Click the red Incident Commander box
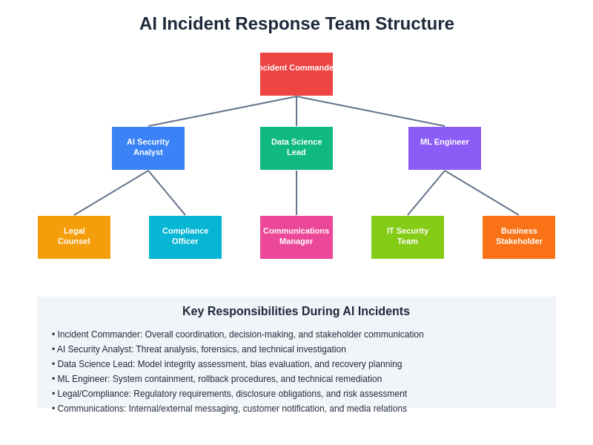(x=296, y=74)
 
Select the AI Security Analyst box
(x=148, y=148)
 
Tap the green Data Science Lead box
(x=296, y=148)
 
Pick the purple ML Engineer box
(x=445, y=148)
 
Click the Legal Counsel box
(x=74, y=237)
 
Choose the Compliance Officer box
(x=185, y=237)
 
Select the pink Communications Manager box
(x=296, y=237)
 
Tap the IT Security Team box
(x=408, y=237)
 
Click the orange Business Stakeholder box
(x=519, y=237)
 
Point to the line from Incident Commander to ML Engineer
(x=371, y=111)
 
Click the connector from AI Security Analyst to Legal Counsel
(x=111, y=193)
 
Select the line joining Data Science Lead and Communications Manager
(x=296, y=193)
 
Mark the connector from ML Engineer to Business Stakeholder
(x=482, y=193)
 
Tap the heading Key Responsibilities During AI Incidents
(x=296, y=311)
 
